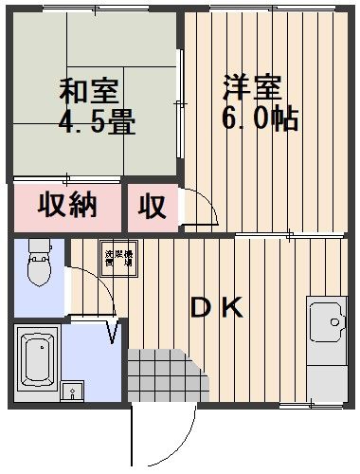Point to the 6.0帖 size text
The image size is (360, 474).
click(x=256, y=117)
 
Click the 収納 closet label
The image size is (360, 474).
click(x=67, y=205)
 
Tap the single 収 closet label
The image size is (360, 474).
click(x=153, y=206)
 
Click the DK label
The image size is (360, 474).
click(x=218, y=308)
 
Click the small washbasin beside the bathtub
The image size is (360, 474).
click(x=74, y=391)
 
